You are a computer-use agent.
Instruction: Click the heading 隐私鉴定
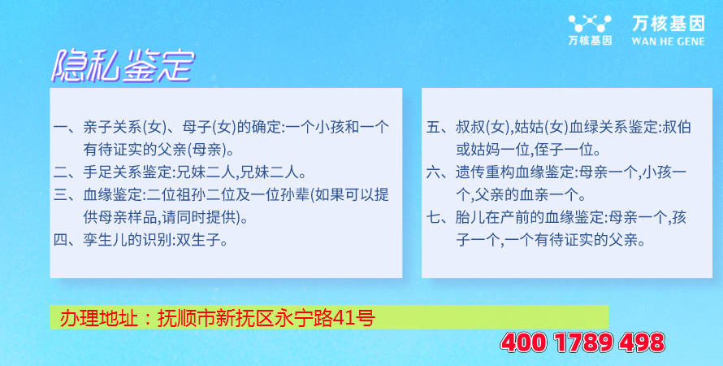coord(123,67)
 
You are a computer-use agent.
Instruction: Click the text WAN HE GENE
coord(668,41)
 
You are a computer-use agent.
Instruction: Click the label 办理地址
coord(98,318)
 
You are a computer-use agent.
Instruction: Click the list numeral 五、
coord(439,127)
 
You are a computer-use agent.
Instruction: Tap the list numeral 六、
coord(439,172)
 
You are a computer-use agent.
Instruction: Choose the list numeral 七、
coord(439,218)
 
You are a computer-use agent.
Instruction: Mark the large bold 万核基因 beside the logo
coord(668,24)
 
